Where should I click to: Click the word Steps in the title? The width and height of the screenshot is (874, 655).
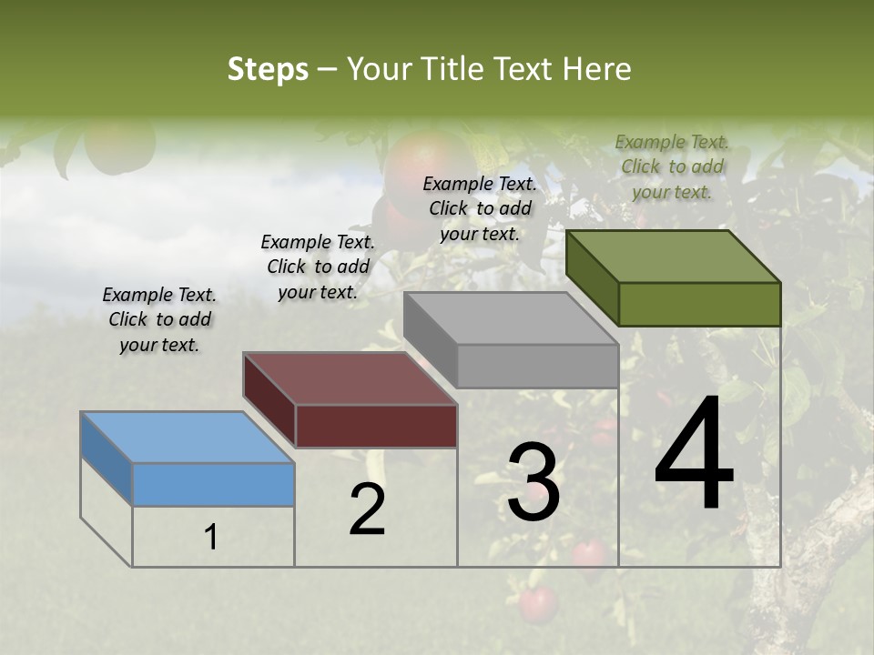[268, 69]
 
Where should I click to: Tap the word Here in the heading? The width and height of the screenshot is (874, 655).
[596, 69]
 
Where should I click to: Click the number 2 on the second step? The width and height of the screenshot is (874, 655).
[367, 509]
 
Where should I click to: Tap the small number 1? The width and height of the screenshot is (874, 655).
[211, 538]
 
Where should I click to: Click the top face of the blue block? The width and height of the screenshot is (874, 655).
[187, 438]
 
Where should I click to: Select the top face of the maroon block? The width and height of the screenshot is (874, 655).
[350, 378]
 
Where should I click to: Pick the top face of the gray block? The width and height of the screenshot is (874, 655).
[511, 318]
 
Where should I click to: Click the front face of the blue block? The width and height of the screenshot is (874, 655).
[213, 484]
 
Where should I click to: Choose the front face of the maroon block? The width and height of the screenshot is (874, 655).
[376, 426]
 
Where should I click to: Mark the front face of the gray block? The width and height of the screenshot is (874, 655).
[537, 366]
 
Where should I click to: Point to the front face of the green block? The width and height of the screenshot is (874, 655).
[699, 304]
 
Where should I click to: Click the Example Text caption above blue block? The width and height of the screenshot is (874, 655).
[159, 319]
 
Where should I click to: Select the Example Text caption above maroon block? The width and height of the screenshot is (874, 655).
[318, 267]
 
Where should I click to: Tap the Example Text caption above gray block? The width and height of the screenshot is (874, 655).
[480, 208]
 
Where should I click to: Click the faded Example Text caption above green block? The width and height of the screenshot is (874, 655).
[672, 166]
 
